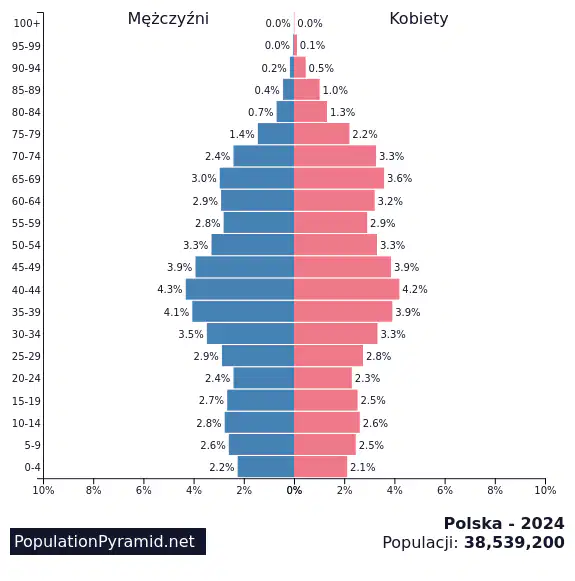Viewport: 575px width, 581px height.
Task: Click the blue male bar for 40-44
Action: tap(240, 289)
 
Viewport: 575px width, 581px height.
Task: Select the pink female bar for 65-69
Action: tap(339, 178)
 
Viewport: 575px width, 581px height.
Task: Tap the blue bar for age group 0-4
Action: tap(266, 467)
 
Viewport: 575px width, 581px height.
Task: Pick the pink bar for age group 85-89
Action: tap(307, 90)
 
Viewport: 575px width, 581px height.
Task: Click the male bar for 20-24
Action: tap(264, 378)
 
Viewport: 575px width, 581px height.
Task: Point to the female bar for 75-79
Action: tap(322, 134)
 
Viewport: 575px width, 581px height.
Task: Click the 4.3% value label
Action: tap(170, 289)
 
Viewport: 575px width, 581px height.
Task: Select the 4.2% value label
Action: tap(415, 289)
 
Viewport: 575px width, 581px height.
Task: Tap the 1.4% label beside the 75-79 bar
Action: tap(242, 134)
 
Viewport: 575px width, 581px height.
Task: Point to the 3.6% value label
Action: tap(400, 178)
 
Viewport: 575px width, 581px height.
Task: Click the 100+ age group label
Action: tap(26, 23)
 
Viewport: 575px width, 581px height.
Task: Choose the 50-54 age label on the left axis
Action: tap(26, 245)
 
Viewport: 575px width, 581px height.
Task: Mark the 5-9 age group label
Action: tap(33, 445)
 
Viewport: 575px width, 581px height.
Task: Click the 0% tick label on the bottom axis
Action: tap(294, 490)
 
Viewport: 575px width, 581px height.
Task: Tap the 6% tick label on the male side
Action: tap(144, 490)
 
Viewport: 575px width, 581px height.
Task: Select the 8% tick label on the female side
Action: tap(495, 490)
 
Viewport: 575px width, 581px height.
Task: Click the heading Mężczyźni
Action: tap(169, 19)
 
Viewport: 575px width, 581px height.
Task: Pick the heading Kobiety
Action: tap(419, 19)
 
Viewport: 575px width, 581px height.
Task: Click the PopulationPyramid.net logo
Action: tap(108, 541)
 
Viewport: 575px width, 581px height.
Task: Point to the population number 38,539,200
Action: tap(514, 542)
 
